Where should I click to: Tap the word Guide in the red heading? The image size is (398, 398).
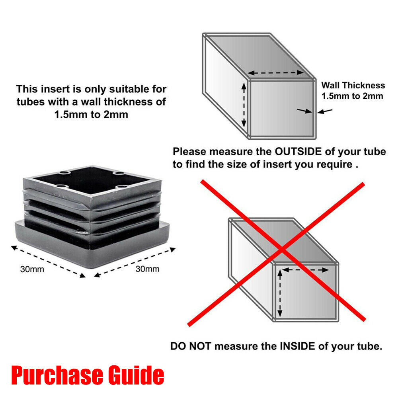pyautogui.click(x=133, y=375)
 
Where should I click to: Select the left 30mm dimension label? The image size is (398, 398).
pyautogui.click(x=32, y=269)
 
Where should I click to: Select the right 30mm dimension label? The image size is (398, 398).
pyautogui.click(x=147, y=269)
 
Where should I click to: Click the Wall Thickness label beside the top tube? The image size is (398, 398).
pyautogui.click(x=353, y=85)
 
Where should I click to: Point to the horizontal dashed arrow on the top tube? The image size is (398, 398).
pyautogui.click(x=275, y=73)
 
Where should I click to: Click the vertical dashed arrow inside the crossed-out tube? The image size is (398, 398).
pyautogui.click(x=280, y=293)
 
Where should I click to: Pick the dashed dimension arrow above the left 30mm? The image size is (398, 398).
pyautogui.click(x=48, y=261)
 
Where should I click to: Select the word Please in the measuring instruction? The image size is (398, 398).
pyautogui.click(x=190, y=152)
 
